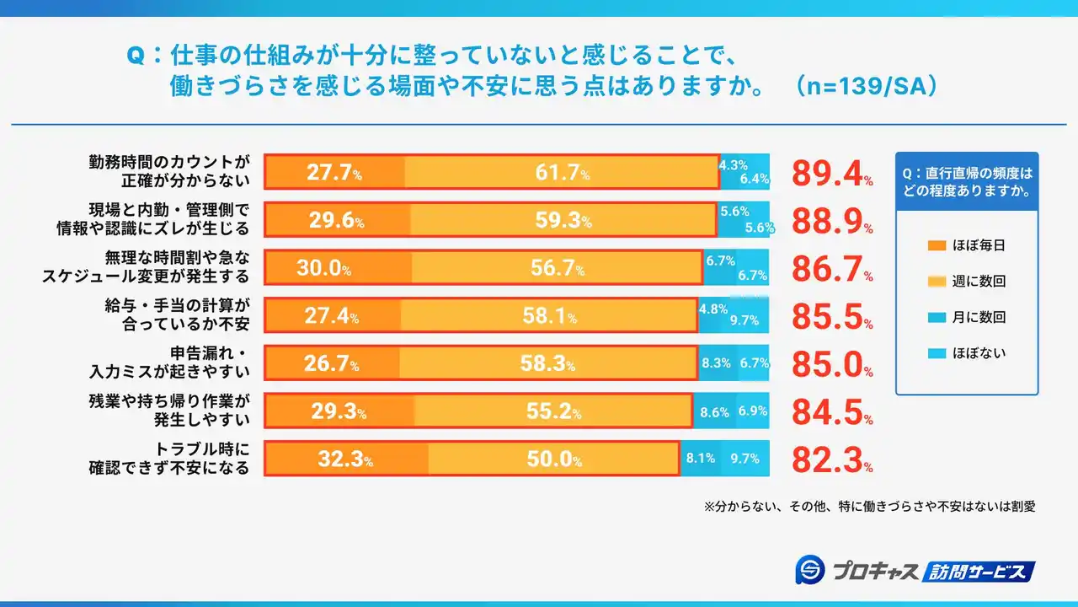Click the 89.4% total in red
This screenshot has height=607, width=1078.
point(830,173)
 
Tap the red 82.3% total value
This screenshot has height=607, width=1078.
point(830,459)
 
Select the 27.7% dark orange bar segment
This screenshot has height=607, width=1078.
point(334,173)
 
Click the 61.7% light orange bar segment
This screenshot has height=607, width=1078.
point(562,173)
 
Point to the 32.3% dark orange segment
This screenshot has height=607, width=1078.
point(345,459)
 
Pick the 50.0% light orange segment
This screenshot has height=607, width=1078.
point(553,459)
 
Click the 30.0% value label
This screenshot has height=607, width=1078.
point(323,269)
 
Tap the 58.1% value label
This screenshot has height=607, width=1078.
point(548,317)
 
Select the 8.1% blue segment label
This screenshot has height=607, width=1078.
point(701,459)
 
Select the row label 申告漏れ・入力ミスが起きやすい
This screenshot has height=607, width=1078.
point(172,363)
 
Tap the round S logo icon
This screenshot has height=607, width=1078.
point(809,571)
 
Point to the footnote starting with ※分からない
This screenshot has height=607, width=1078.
point(869,507)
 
